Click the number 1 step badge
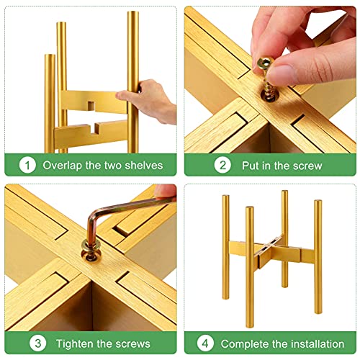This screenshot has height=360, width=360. point(27,165)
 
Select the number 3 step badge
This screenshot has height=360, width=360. point(28,342)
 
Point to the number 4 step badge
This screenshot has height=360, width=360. point(206,343)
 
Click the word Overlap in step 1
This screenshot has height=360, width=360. point(63,165)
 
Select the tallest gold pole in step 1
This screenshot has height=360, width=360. point(132,79)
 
